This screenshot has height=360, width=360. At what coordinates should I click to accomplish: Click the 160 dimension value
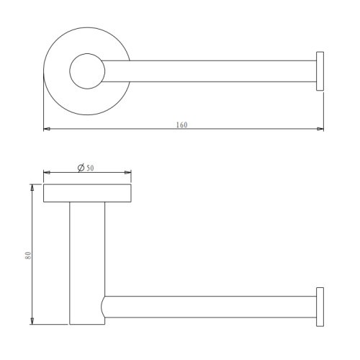pos(181,125)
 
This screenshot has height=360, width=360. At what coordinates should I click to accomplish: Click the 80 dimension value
pos(28,256)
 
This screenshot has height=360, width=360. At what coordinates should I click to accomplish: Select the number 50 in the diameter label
pos(90,168)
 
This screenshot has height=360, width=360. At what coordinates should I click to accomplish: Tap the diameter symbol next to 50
pos(81,168)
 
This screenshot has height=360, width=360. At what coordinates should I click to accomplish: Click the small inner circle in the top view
pos(87,53)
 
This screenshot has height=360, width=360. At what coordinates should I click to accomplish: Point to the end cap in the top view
pos(320,71)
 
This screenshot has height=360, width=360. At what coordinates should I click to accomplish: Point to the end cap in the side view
pos(320,307)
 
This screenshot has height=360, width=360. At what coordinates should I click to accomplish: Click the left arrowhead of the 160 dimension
pos(47,129)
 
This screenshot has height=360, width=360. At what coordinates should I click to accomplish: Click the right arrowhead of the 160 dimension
pos(320,129)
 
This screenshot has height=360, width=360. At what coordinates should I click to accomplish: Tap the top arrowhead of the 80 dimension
pos(32,187)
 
